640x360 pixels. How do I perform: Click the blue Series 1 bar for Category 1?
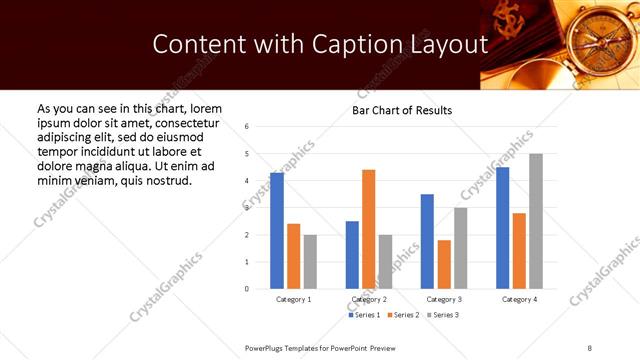coord(277,231)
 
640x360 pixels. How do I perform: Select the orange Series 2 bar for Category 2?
coord(369,229)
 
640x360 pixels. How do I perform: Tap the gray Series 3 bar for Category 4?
coord(536,221)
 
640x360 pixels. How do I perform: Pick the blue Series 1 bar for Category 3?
coord(427,241)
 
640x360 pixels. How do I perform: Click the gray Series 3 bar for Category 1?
coord(310,261)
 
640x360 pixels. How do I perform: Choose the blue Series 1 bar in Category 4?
coord(502,228)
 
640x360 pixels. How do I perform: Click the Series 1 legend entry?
coord(364,315)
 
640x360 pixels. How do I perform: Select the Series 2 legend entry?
coord(403,315)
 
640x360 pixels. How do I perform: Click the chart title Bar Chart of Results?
coord(402,110)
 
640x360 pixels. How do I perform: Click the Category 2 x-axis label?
coord(369,299)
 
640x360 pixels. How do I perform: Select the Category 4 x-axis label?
coord(519,299)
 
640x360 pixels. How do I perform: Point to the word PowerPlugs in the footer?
coord(267,346)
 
